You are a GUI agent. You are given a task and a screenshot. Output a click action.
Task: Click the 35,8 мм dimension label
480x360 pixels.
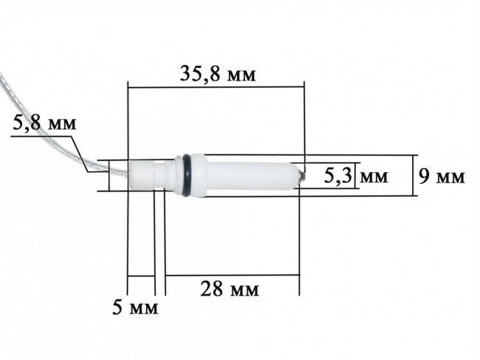pos(218,74)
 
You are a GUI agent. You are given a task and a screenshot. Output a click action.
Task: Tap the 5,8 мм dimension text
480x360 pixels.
pos(44,123)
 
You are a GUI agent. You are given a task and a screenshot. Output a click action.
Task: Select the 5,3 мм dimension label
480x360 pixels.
pos(356,176)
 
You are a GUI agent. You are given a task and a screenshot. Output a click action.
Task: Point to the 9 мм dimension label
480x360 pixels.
pos(441,177)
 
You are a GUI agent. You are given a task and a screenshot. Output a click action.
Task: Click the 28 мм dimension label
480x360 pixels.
pos(230,288)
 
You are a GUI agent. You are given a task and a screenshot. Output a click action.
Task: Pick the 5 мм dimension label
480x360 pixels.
pos(135,307)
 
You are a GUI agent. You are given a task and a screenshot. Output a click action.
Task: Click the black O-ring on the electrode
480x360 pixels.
pos(186,175)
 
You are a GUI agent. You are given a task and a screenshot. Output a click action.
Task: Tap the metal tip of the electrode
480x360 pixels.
pos(301,176)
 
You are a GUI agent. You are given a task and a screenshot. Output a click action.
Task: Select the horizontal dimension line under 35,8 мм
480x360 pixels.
pos(216,87)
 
